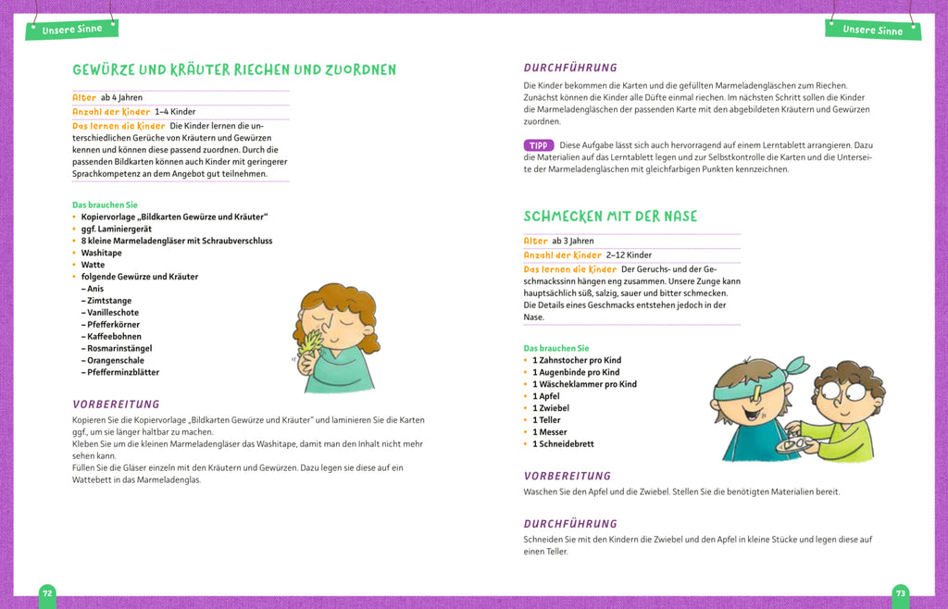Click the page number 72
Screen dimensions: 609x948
48,592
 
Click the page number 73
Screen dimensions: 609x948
900,592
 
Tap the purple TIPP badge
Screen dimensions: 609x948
538,145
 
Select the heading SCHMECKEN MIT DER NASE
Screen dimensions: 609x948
610,217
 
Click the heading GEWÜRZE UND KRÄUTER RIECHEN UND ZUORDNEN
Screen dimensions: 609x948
234,70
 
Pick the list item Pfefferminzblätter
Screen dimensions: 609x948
123,372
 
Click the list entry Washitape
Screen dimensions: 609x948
101,253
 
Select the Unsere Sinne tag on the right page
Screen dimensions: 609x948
872,30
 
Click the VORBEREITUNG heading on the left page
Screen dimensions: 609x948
116,404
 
